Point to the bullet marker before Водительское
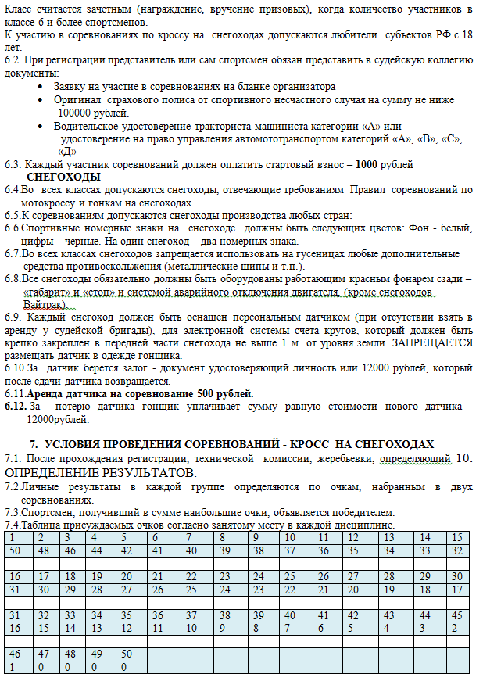[41, 125]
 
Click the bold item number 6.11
[15, 393]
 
